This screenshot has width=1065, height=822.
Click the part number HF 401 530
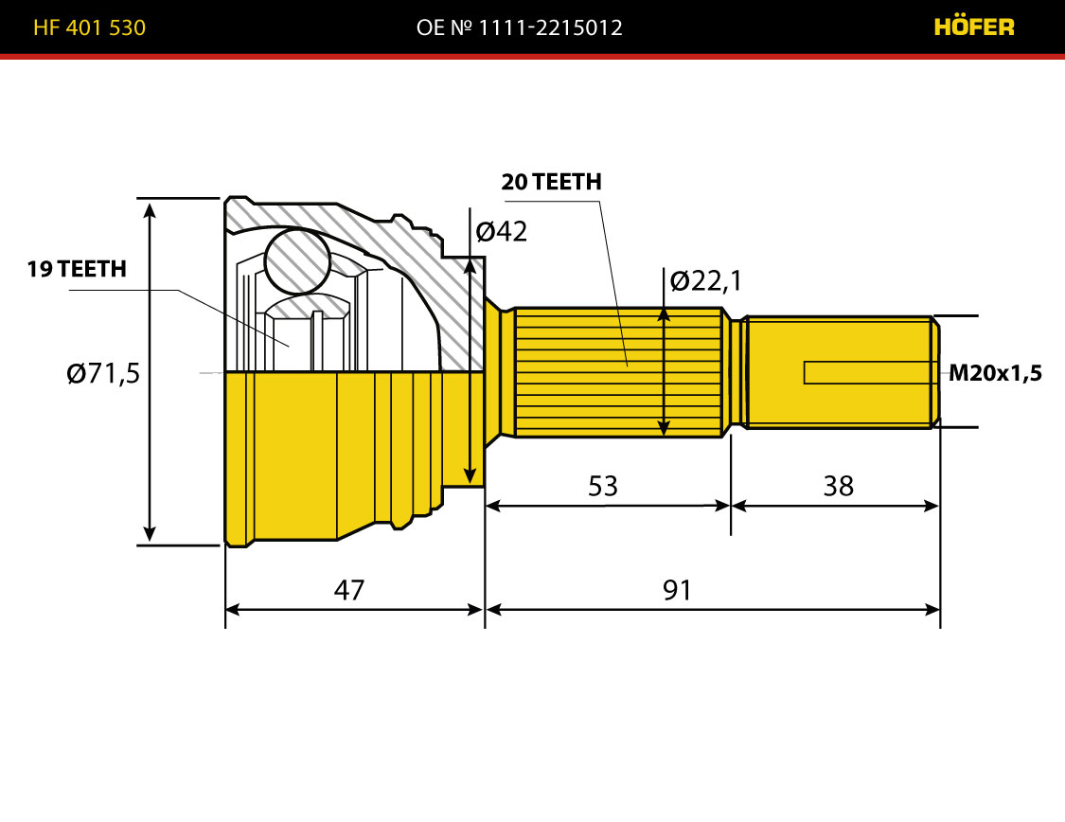point(89,27)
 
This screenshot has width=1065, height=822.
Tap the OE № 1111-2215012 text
point(519,27)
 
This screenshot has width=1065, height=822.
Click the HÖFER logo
point(974,27)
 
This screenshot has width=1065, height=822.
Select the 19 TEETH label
point(77,269)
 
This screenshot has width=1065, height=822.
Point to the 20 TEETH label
point(552,182)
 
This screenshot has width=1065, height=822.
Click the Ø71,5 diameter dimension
point(103,374)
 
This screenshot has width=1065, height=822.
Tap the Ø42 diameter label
point(501,232)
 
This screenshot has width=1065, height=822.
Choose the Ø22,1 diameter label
point(705,280)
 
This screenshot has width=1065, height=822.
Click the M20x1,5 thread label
point(995,373)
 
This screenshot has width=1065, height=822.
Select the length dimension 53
point(603,487)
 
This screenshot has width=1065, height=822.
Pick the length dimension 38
point(838,487)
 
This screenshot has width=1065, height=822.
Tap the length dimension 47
point(349,590)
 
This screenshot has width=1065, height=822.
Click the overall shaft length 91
point(677,590)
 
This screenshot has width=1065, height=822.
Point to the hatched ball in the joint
point(297,261)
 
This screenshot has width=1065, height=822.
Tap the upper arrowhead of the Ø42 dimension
point(470,266)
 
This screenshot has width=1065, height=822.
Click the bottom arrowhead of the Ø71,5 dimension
point(151,533)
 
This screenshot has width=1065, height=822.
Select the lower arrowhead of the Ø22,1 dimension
point(664,427)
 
